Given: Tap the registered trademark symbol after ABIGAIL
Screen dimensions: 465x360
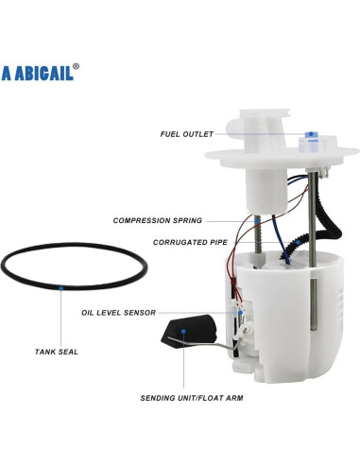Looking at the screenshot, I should point(77,67).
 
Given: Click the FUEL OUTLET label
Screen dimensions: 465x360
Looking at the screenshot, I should point(186,133).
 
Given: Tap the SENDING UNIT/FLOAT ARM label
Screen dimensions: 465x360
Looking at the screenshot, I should point(192,398).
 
